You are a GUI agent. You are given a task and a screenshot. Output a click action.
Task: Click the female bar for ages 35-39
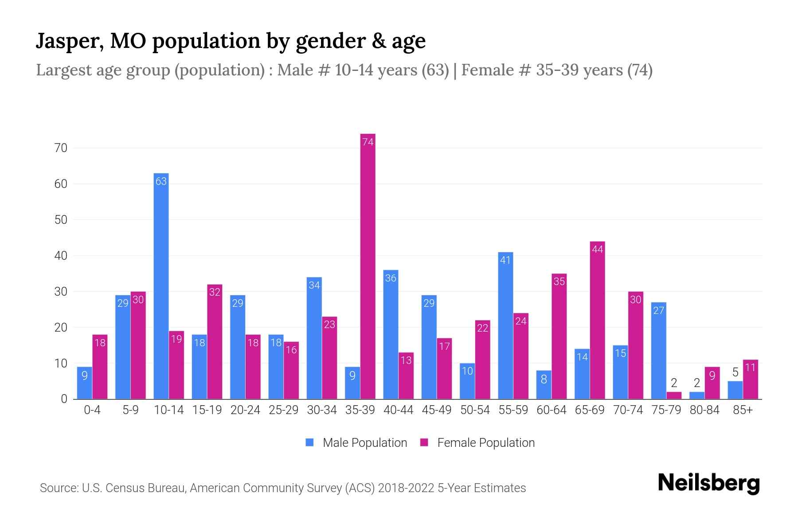368,266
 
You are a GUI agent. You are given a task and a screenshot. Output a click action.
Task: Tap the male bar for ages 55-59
505,326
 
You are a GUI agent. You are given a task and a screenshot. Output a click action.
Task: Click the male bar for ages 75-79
658,351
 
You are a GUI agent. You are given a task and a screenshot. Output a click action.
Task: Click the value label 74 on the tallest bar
368,142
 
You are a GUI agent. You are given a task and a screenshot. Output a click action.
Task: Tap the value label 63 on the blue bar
161,181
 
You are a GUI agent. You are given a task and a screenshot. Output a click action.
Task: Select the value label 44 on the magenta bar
597,250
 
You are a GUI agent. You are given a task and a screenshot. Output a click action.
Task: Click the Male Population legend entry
356,442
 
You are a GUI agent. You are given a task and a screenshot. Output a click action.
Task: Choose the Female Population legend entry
477,442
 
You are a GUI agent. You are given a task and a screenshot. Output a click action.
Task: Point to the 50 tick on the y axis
61,220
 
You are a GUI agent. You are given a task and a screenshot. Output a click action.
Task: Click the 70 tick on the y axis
61,148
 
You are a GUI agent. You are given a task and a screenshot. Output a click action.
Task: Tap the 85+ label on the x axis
743,410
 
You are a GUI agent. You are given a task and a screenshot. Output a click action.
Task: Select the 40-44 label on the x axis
398,410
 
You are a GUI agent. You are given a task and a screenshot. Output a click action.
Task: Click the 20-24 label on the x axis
245,410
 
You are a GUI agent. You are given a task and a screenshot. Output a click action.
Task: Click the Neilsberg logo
708,483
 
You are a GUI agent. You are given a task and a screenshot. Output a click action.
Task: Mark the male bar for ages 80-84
696,395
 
